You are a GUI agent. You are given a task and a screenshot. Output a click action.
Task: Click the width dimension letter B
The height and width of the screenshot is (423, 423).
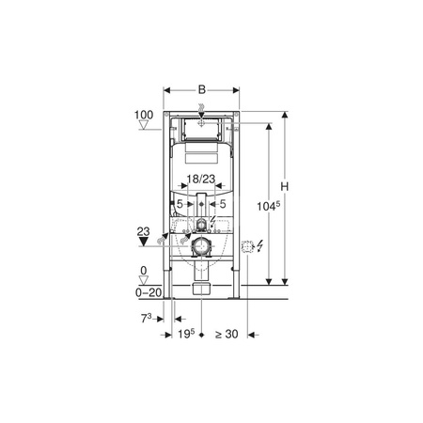click(x=202, y=90)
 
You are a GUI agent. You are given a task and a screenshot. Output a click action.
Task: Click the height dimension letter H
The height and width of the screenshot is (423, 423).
click(x=284, y=187)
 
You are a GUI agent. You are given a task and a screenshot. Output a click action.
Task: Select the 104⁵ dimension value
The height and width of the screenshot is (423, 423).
click(x=269, y=206)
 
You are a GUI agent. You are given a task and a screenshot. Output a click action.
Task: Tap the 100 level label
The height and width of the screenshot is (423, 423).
click(x=144, y=115)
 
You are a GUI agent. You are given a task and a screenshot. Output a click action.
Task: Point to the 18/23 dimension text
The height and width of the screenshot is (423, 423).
click(x=201, y=179)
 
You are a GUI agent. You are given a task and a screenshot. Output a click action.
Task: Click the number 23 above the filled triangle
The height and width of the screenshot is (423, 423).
click(x=143, y=232)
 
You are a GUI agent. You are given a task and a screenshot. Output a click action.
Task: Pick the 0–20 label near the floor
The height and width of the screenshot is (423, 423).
click(x=149, y=292)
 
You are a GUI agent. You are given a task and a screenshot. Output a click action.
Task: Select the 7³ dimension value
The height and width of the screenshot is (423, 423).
click(x=146, y=319)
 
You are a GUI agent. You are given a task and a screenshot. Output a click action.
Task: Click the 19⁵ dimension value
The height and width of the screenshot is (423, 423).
click(x=186, y=334)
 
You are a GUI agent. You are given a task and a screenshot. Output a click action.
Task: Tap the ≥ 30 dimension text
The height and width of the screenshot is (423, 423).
click(x=227, y=334)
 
